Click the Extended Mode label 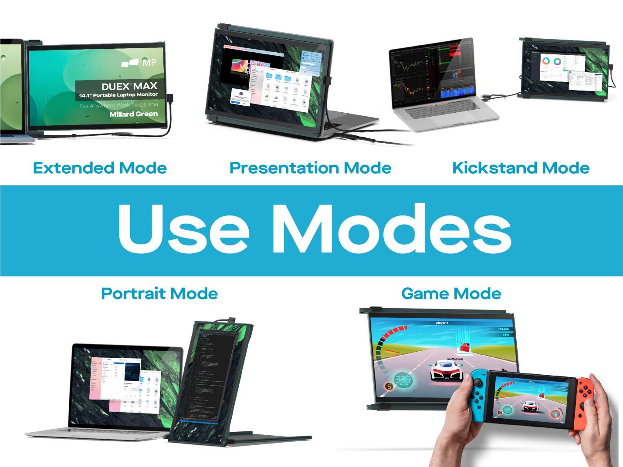pyautogui.click(x=100, y=168)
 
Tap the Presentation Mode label pyautogui.click(x=310, y=168)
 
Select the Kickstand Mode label pyautogui.click(x=521, y=168)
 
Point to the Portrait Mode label pyautogui.click(x=159, y=294)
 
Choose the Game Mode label pyautogui.click(x=451, y=294)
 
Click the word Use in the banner pyautogui.click(x=183, y=229)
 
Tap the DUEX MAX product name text pyautogui.click(x=129, y=86)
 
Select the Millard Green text pyautogui.click(x=133, y=114)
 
